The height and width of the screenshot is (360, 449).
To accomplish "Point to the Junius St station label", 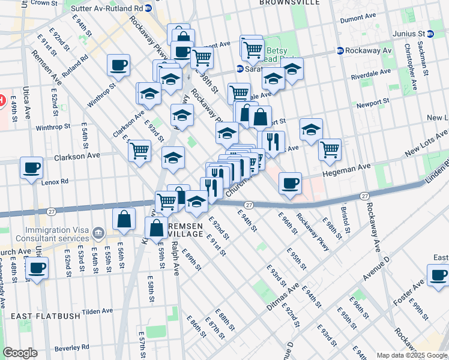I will pyautogui.click(x=408, y=34).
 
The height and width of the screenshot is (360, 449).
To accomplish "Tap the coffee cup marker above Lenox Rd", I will pyautogui.click(x=31, y=169).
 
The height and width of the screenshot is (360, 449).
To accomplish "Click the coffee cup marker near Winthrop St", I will pyautogui.click(x=118, y=65).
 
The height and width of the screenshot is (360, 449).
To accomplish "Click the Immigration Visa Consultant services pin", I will pyautogui.click(x=99, y=232).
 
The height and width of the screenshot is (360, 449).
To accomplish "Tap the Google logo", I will pyautogui.click(x=20, y=353).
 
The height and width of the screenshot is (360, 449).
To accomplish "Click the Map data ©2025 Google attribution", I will pyautogui.click(x=411, y=355).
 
